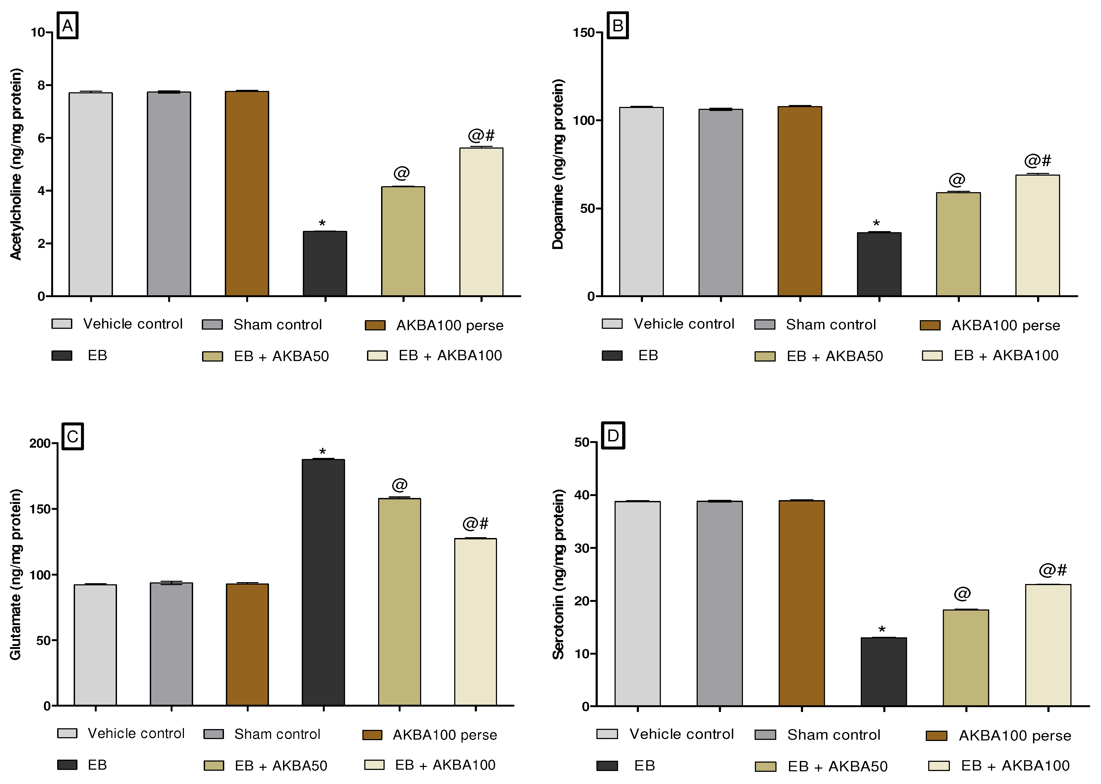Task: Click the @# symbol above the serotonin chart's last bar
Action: click(x=1053, y=570)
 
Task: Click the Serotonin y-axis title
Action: click(x=558, y=575)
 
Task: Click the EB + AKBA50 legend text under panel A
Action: click(x=281, y=356)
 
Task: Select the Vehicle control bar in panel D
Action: click(x=637, y=603)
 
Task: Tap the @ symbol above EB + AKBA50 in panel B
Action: click(x=957, y=180)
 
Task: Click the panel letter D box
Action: click(x=613, y=435)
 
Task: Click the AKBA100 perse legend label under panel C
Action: click(x=444, y=735)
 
